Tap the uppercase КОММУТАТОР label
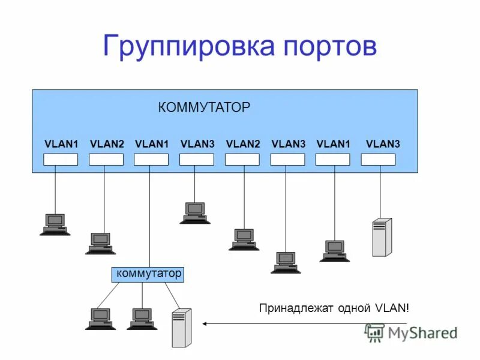point(204,108)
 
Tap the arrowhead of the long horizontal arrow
point(205,323)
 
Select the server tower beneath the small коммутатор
point(181,327)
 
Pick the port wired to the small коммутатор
point(151,160)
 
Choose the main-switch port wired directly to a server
point(378,160)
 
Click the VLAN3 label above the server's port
point(383,144)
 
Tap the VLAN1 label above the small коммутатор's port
point(152,144)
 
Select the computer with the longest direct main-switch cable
point(286,262)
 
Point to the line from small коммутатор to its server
point(172,295)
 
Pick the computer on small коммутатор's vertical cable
point(142,319)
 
